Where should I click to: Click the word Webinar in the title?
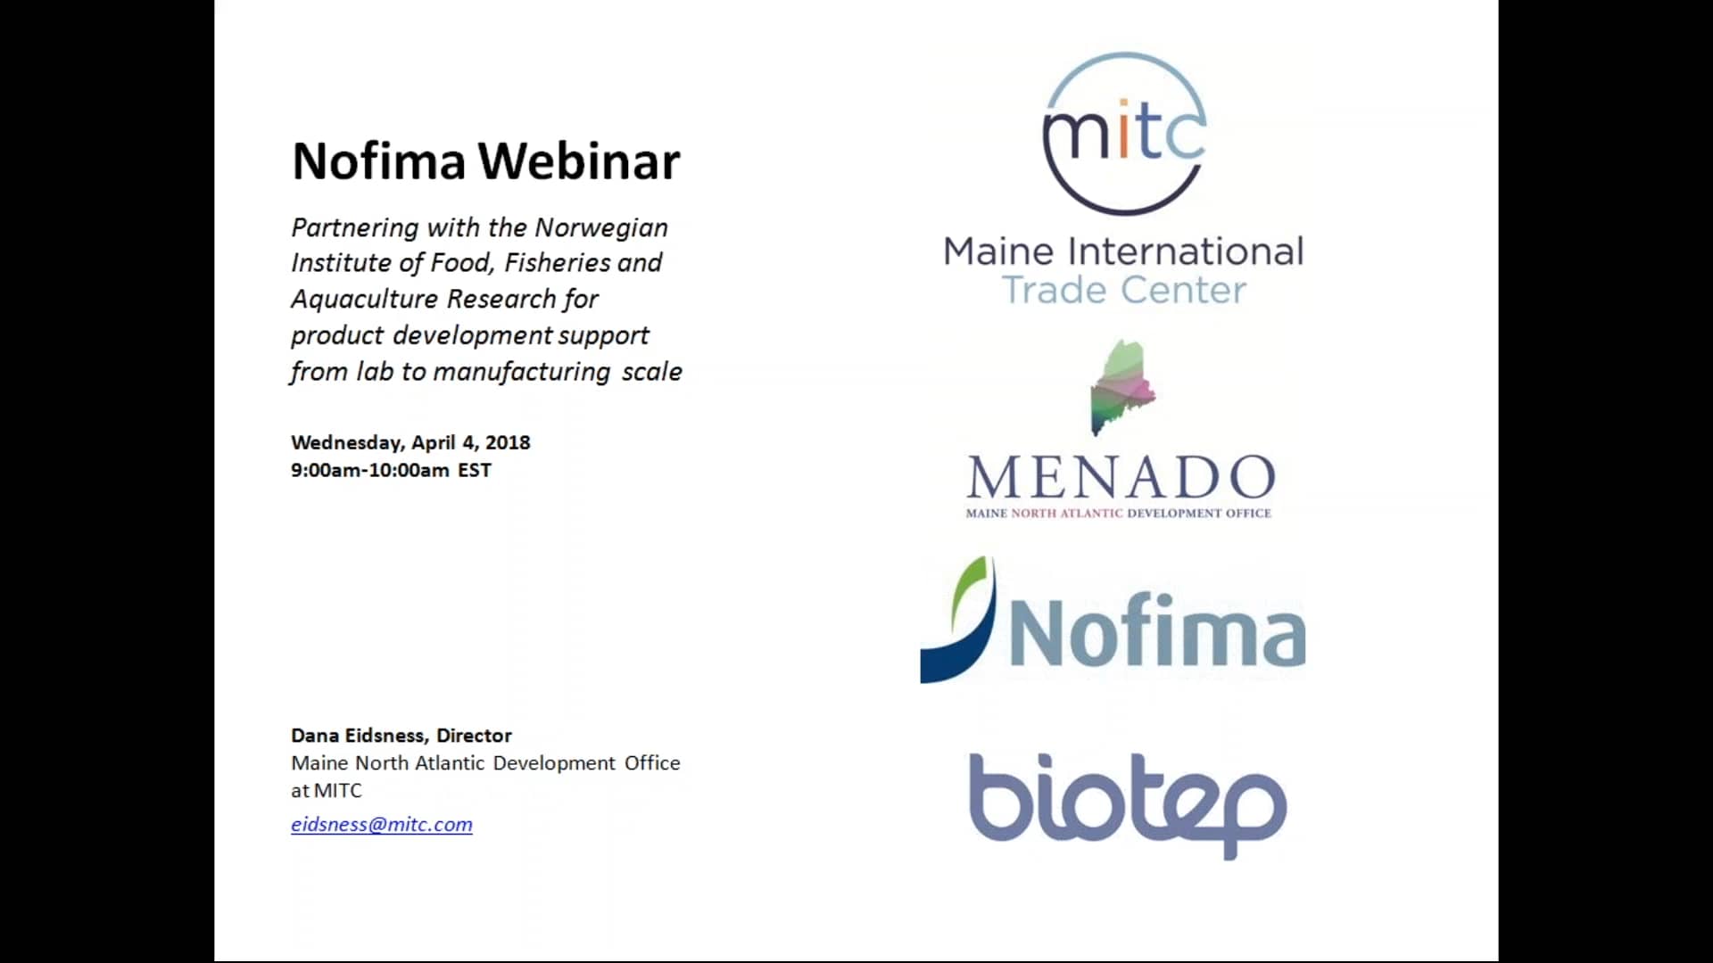[579, 161]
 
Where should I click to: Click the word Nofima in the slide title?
[379, 161]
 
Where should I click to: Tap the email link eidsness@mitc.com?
[382, 825]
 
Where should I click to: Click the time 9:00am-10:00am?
[369, 471]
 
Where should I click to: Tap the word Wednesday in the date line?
[347, 443]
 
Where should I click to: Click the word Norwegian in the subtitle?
[601, 228]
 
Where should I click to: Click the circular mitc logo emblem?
[1124, 134]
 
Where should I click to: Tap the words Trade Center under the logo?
[1124, 291]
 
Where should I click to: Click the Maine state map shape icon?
[1122, 386]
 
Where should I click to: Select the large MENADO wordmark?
[1121, 478]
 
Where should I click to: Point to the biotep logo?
[1128, 802]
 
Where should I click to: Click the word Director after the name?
[474, 736]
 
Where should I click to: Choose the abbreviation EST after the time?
[475, 471]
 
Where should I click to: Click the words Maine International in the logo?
[1123, 251]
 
